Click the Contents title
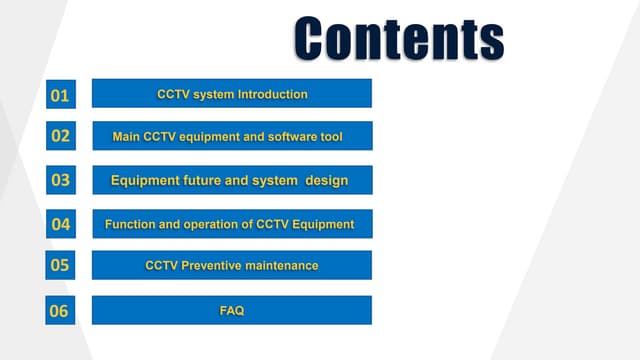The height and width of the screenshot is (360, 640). (x=398, y=38)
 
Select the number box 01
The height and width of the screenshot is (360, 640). (x=60, y=96)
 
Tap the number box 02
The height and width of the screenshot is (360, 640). (x=60, y=136)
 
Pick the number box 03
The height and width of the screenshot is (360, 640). (x=60, y=180)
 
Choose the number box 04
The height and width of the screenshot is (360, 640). (x=60, y=224)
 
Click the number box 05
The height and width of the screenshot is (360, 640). (x=60, y=265)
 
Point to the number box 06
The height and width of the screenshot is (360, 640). (x=60, y=311)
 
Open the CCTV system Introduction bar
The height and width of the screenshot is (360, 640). (x=232, y=94)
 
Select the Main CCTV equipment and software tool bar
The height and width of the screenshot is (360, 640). (x=232, y=136)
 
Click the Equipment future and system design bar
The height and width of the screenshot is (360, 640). (x=232, y=180)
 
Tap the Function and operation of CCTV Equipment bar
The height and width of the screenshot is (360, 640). (x=232, y=224)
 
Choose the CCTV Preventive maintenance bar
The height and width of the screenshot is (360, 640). (x=232, y=265)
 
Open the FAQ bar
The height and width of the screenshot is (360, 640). (x=232, y=310)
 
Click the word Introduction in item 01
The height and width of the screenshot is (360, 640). (x=272, y=94)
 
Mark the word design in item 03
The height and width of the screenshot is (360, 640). (x=325, y=180)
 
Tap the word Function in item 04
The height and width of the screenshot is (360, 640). (x=130, y=224)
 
